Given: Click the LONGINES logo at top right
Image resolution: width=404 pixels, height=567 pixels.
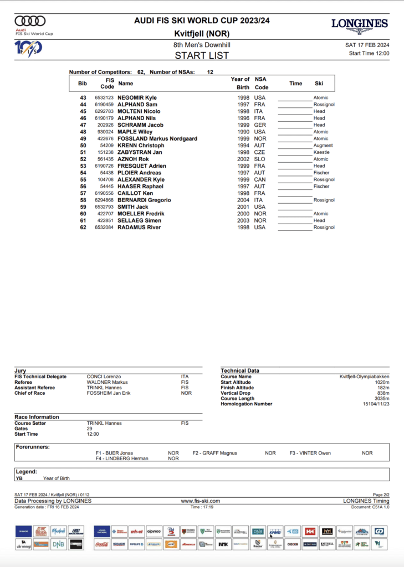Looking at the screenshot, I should point(359,25).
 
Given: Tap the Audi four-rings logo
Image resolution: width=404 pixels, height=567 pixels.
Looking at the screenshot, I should point(30,21).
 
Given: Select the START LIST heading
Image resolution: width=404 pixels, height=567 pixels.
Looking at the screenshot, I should point(202,55).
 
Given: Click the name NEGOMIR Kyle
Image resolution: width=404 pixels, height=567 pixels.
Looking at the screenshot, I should point(137,97).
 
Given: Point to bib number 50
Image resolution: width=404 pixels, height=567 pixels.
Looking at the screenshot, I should point(83,146).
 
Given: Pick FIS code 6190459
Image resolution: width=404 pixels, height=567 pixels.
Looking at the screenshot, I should point(104,105).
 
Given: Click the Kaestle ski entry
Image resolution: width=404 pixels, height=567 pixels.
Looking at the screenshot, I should point(321,152).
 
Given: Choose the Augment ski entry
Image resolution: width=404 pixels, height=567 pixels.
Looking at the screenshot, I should point(323,146).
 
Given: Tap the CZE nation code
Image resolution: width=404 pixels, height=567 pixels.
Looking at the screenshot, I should point(260,152).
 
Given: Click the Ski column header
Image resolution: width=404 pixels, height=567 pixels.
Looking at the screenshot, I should point(319,84).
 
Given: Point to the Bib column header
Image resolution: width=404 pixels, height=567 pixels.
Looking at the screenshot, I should point(83,84).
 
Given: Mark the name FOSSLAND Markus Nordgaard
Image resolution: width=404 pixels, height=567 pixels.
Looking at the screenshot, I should point(157,138).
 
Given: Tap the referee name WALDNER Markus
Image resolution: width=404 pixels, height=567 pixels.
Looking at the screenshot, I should point(108,382).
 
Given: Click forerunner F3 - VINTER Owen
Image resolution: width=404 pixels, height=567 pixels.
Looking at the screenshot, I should point(310,453).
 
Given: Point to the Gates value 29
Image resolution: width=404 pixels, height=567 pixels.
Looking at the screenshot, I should point(90,429).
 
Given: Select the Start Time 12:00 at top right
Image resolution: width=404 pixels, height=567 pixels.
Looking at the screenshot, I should point(369,54).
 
